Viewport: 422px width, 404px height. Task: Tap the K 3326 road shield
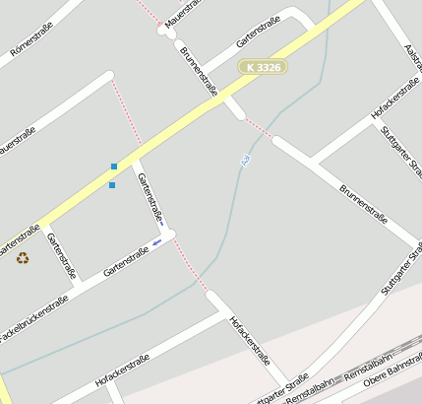(264, 67)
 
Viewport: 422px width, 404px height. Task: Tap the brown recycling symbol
(22, 258)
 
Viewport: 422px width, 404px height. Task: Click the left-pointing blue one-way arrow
(156, 240)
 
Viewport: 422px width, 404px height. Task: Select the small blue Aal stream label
(244, 160)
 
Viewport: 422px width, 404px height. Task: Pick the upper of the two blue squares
(114, 167)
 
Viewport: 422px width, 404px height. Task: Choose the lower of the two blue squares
(112, 184)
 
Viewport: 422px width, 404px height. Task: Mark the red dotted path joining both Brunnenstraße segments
(258, 127)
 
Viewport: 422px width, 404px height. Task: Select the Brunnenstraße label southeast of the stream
(363, 203)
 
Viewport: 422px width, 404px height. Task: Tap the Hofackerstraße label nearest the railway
(248, 340)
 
